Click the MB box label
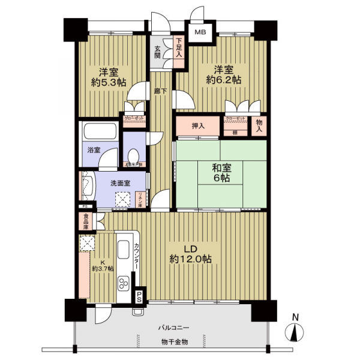coord(199,32)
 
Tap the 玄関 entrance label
coord(157,52)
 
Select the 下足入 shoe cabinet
coord(178,49)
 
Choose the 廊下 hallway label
coord(160,91)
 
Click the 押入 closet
coord(199,126)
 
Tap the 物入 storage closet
coord(259,125)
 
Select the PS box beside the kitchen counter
coord(139,296)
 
